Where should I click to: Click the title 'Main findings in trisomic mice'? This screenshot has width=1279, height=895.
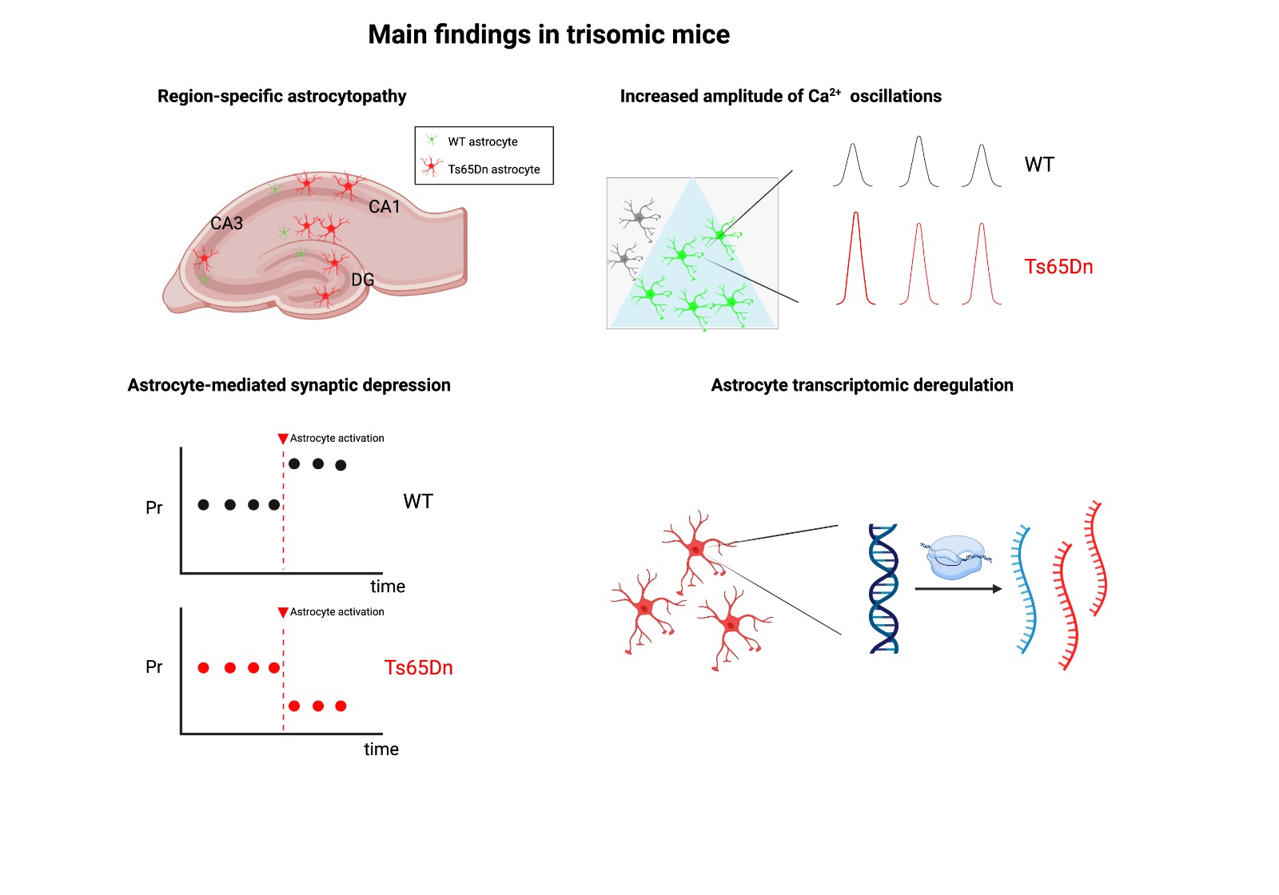coord(548,34)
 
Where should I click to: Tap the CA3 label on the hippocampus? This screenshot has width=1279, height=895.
coord(226,224)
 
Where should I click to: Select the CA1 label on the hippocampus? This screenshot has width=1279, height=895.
coord(384,207)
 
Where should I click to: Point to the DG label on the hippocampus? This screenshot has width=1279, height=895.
coord(362,280)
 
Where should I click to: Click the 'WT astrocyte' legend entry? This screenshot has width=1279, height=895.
coord(482,141)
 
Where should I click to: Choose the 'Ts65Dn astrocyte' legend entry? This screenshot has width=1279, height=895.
coord(493,169)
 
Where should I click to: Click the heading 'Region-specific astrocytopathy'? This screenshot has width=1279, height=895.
coord(281,96)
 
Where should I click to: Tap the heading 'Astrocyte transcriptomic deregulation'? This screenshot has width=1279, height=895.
coord(862,385)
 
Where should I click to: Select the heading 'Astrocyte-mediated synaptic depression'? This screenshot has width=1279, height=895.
coord(289,385)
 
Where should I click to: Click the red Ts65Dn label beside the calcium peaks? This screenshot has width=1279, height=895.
coord(1058,267)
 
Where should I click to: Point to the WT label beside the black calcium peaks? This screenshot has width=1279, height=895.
coord(1039,165)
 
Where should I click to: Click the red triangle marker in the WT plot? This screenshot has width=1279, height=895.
coord(283,439)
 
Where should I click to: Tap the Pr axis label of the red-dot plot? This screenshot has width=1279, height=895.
coord(154,666)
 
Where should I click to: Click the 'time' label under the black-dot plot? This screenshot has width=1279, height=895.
coord(388,587)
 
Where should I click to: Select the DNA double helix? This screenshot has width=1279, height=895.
coord(883,588)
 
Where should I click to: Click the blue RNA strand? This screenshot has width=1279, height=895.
coord(1024,590)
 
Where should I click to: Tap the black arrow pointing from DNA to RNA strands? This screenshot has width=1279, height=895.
coord(958,589)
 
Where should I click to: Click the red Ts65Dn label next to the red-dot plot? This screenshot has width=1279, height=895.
coord(418,667)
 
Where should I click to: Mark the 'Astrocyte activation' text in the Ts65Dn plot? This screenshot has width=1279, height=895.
coord(337,612)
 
